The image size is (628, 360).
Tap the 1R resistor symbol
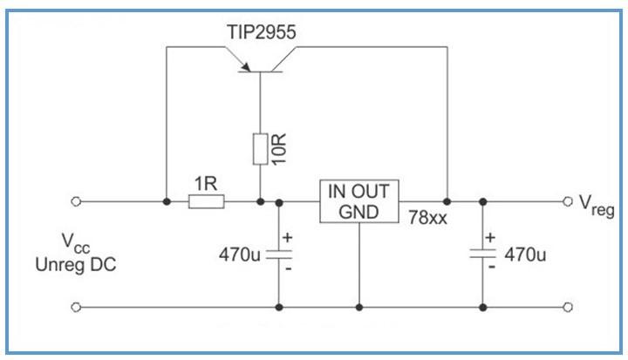207,201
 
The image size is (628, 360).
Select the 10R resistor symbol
260,149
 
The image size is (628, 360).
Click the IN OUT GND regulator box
358,201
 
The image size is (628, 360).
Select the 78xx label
427,219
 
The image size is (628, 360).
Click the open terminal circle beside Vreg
568,201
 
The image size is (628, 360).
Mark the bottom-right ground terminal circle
568,307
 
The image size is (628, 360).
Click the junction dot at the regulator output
447,201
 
